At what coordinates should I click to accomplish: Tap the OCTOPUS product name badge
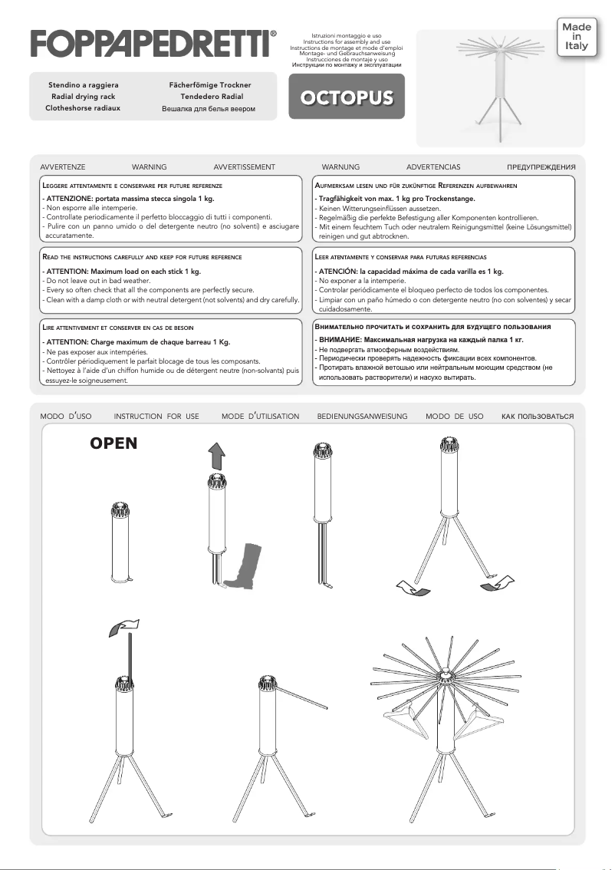click(347, 98)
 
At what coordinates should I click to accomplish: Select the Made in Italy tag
click(577, 36)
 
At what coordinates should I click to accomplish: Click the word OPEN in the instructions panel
click(113, 444)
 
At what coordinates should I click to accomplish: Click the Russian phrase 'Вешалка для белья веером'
click(208, 109)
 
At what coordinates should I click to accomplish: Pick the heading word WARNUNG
click(340, 166)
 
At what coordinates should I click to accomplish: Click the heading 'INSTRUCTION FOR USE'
click(156, 416)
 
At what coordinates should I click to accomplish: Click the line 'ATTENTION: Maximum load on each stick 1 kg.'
click(120, 272)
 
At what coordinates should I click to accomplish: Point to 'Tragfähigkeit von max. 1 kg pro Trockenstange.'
click(396, 199)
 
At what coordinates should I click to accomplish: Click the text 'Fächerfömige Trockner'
click(210, 84)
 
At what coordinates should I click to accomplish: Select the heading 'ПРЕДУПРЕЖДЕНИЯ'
click(541, 166)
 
